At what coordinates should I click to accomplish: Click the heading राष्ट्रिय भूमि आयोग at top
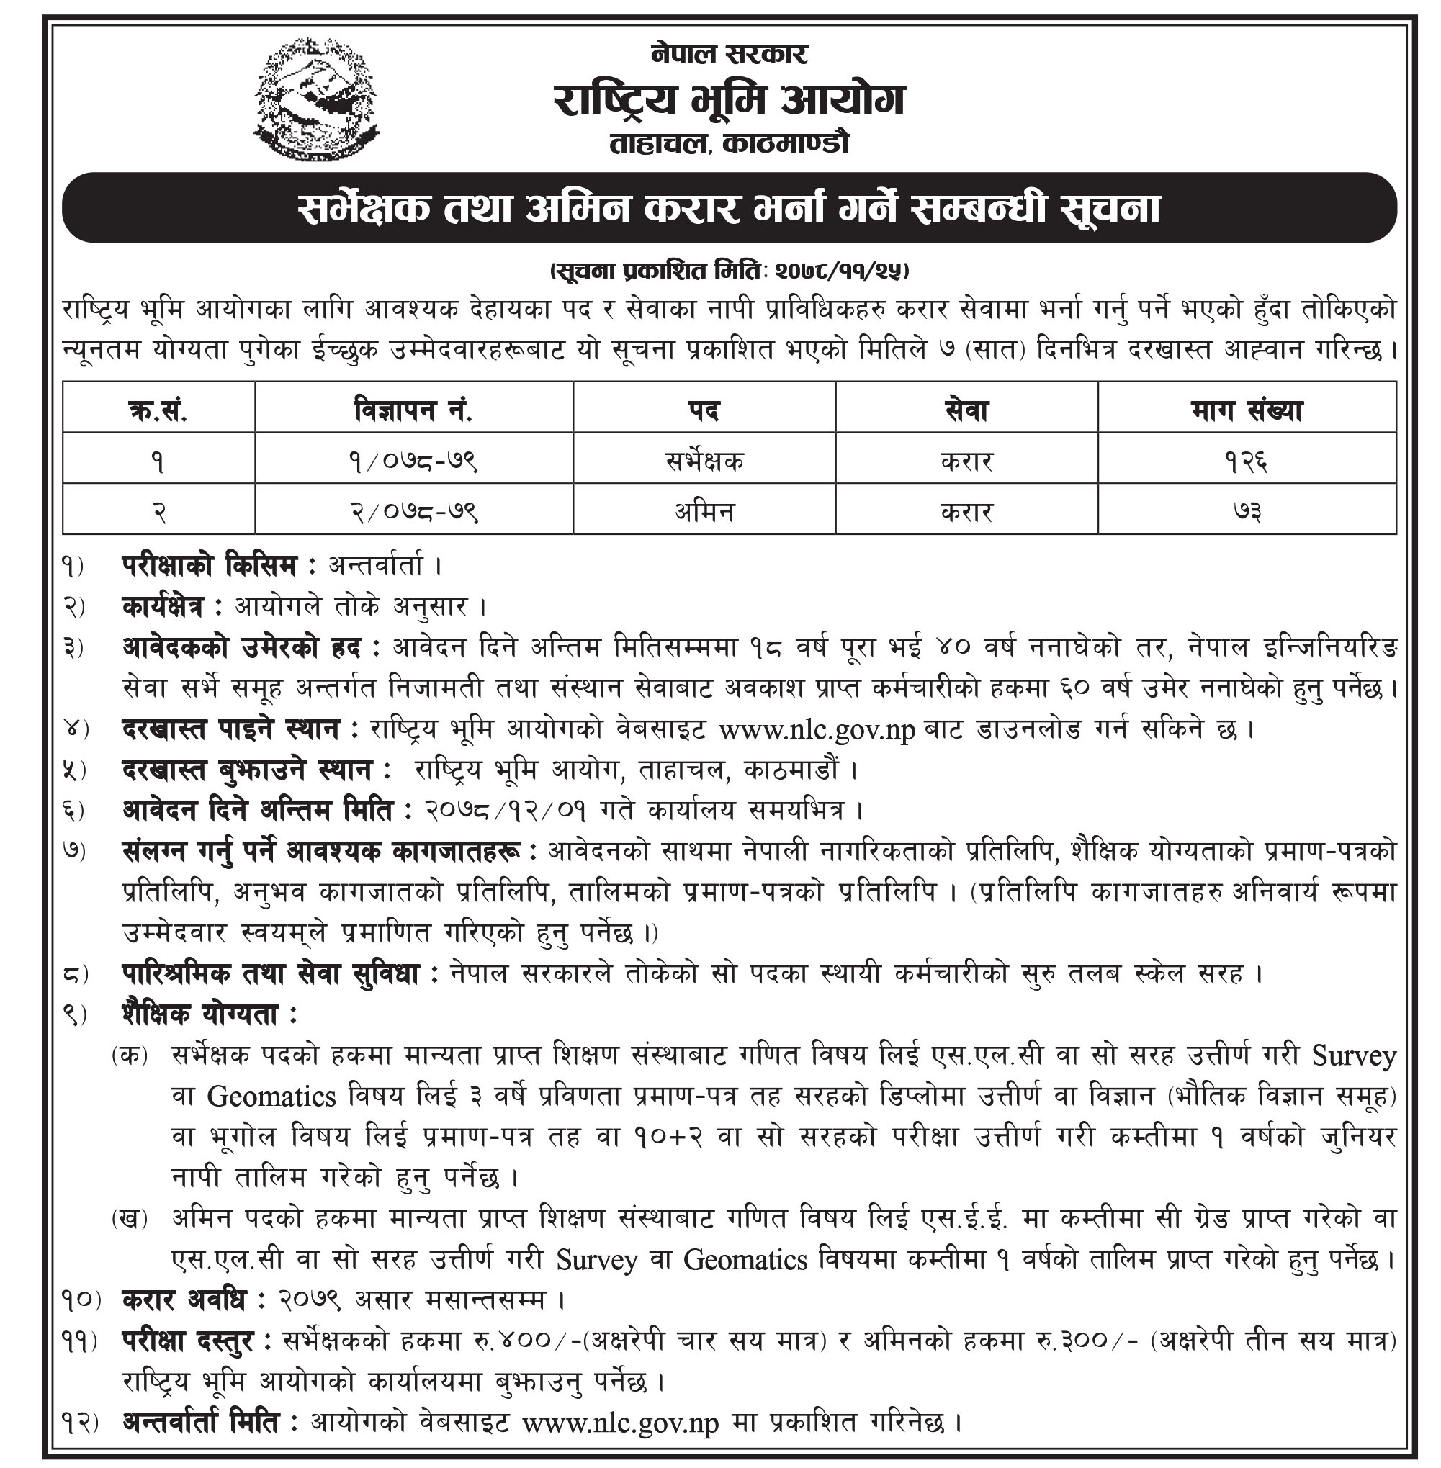pos(729,101)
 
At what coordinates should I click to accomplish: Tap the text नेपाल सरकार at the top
pos(729,54)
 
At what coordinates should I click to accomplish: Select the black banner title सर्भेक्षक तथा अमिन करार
pos(729,208)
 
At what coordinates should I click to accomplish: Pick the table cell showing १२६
pos(1246,460)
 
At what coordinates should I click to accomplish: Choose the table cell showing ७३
pos(1246,510)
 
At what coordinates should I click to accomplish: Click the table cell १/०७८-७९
pos(413,460)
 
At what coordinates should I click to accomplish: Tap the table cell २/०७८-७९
pos(413,510)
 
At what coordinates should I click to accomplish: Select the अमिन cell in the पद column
pos(704,510)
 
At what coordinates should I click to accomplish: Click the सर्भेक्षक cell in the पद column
pos(704,460)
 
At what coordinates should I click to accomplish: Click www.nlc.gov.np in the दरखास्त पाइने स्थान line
pos(817,731)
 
